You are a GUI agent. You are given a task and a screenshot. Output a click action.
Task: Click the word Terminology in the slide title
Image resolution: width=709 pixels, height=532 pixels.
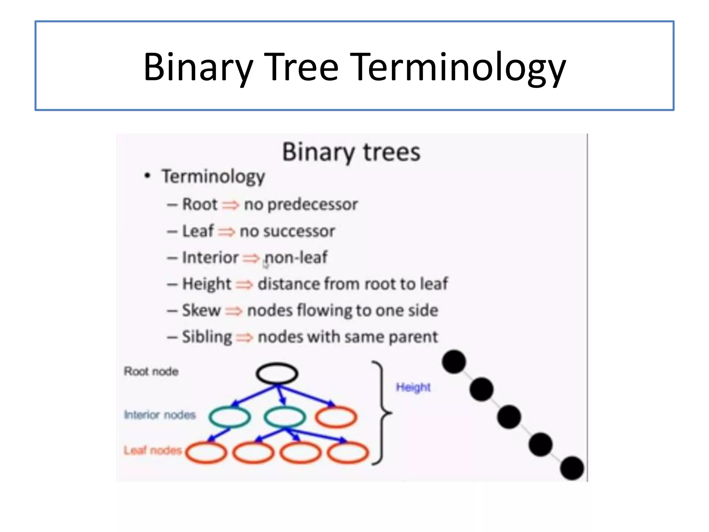coord(459,66)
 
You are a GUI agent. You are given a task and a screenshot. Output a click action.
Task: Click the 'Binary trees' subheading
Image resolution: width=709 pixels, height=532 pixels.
coord(351,152)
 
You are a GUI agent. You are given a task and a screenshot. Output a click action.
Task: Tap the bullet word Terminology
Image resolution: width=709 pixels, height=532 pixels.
coord(213,176)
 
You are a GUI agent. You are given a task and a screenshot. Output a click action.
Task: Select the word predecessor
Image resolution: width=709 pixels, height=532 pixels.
coord(312,204)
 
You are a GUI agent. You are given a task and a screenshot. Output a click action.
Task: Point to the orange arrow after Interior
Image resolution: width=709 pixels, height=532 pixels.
coord(251,258)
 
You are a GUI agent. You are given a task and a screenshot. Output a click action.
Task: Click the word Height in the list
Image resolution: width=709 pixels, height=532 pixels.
coord(207,284)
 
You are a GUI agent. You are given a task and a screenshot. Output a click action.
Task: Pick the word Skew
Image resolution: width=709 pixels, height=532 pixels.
coord(201,310)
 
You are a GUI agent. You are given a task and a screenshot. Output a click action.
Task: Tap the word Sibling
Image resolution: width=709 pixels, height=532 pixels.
coord(207,337)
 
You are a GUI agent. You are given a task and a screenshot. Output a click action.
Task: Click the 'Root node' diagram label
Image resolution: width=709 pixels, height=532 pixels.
coord(151,371)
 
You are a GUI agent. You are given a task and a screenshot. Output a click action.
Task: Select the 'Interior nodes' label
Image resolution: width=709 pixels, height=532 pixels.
coord(160,415)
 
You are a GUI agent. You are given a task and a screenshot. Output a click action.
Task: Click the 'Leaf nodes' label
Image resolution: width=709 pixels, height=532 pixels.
coord(153,450)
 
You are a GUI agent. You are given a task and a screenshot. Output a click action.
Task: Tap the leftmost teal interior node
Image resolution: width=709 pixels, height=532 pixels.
coord(229,417)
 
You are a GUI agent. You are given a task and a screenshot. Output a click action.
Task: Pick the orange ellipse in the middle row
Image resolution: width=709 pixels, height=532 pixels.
coord(336,417)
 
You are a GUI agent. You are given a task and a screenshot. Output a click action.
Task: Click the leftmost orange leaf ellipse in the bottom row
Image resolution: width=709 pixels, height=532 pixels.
coord(206,452)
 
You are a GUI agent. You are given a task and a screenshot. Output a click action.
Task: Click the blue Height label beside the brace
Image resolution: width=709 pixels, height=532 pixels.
coord(413,387)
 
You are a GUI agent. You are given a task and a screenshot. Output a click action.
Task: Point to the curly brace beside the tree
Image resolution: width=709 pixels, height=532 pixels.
coord(382,412)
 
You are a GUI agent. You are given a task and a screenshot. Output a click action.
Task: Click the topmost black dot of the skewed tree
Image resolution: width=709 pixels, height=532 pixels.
coord(454,362)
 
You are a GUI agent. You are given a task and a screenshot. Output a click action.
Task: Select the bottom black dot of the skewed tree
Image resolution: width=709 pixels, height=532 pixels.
coord(572,468)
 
